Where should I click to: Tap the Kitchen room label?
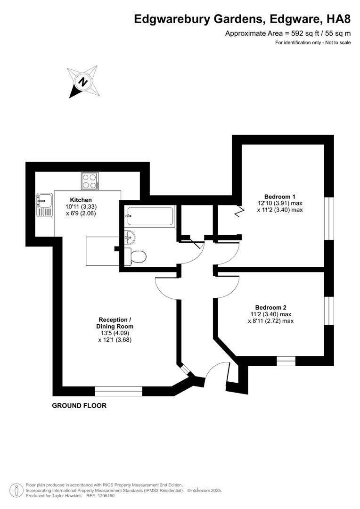pos(81,200)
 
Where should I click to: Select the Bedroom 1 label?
pos(280,197)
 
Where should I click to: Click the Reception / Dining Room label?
pos(115,323)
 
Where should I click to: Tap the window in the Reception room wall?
pos(119,391)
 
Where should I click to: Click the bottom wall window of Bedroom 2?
pos(286,361)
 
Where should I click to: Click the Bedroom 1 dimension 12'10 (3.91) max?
pos(280,204)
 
